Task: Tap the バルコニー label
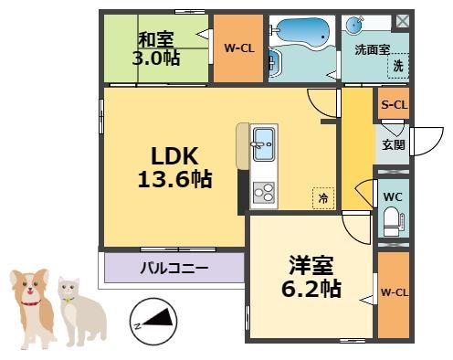[x=174, y=269]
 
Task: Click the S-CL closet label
[x=394, y=106]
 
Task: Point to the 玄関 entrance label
[x=393, y=144]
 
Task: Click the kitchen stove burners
[x=262, y=193]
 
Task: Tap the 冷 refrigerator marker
[x=322, y=196]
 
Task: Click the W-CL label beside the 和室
[x=239, y=48]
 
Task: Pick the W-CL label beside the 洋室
[x=394, y=292]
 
